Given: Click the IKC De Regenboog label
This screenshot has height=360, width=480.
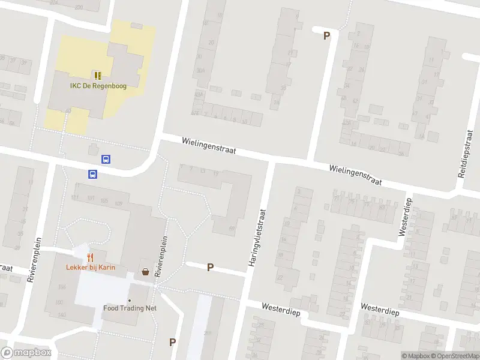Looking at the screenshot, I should point(97,85).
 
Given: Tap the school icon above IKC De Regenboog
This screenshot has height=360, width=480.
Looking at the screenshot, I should point(97,76).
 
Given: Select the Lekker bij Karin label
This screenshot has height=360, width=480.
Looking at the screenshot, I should point(91,267).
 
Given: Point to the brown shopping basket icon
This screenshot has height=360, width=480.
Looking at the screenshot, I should point(145,272).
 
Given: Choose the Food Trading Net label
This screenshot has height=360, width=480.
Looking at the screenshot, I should point(130,308).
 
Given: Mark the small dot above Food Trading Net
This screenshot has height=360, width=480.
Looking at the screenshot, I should point(130,300).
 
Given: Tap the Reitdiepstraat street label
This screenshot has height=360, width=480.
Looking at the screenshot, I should point(464,155).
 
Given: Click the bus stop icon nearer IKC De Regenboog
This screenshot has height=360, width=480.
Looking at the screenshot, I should point(106,160).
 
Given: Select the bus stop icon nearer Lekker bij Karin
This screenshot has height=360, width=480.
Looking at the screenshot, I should point(93,174).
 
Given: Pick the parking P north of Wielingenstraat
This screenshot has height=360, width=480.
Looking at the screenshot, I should point(327,35).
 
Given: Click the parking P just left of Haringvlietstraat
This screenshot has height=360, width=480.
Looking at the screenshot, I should point(210,268).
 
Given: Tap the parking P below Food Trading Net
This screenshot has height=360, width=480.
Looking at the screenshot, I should point(173,342).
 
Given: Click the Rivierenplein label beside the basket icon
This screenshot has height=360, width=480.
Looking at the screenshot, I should point(160,255).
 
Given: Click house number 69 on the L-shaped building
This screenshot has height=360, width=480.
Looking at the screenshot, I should point(232,227).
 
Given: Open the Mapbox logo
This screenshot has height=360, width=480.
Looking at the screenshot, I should point(26,353).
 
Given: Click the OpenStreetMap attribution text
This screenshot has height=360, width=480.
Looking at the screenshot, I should point(458,356).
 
